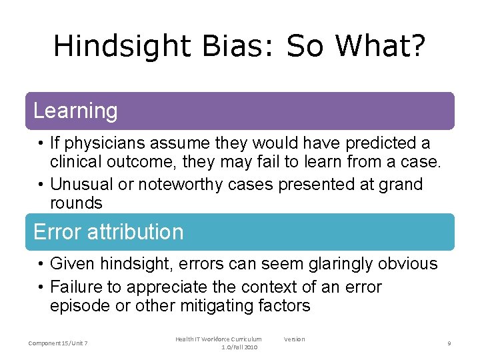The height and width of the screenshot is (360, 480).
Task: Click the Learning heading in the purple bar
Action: click(75, 111)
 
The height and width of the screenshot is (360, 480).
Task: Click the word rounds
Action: click(76, 203)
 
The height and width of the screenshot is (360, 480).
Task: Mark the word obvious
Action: click(405, 264)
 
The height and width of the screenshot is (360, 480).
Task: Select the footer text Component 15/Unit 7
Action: click(59, 343)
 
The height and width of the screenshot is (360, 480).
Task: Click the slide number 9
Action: click(449, 343)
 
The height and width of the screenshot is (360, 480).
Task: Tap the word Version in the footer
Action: click(294, 339)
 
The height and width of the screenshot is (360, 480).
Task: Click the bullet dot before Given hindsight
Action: click(41, 265)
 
